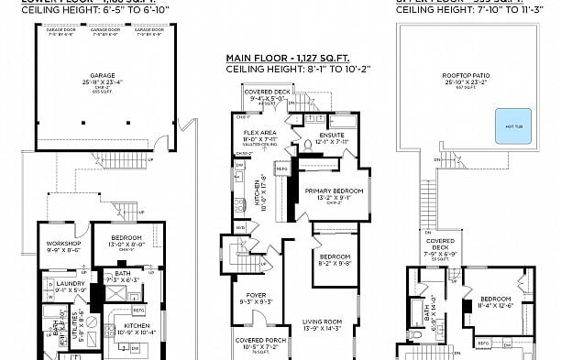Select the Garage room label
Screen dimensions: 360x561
102,77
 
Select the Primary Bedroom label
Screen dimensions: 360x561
334,192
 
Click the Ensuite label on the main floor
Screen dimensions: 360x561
334,138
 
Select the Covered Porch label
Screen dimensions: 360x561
256,342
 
